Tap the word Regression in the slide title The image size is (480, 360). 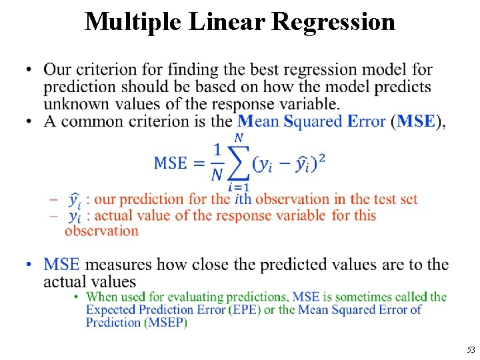[x=334, y=21]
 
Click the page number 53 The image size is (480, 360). [x=471, y=350]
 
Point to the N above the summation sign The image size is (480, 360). [x=238, y=138]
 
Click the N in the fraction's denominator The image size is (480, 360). [x=218, y=175]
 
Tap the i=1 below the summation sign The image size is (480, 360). [x=239, y=187]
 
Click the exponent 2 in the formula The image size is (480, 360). [x=322, y=158]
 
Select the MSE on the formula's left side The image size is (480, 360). [x=171, y=163]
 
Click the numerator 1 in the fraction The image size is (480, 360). [x=218, y=151]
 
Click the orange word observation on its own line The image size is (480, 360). [x=101, y=231]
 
